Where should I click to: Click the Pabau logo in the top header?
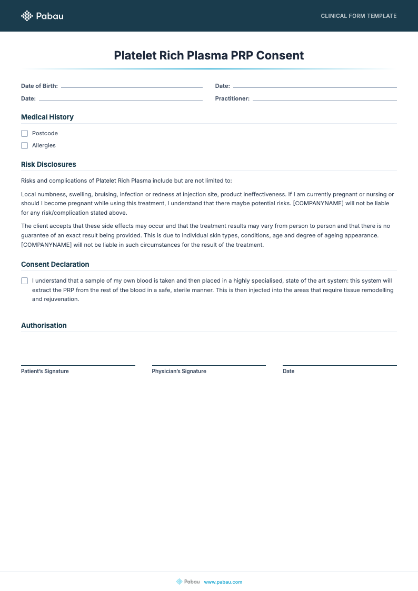42,16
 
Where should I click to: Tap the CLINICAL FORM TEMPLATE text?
359,16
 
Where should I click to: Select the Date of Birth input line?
132,86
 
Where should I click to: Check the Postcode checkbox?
24,133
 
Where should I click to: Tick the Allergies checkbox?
24,145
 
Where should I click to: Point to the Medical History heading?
47,117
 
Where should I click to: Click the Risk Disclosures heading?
48,164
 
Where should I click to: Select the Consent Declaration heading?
55,264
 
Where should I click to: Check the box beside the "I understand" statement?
24,281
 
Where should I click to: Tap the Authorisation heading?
44,325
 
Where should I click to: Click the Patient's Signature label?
45,371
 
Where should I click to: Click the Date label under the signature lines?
288,371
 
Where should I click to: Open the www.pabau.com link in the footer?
223,582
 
